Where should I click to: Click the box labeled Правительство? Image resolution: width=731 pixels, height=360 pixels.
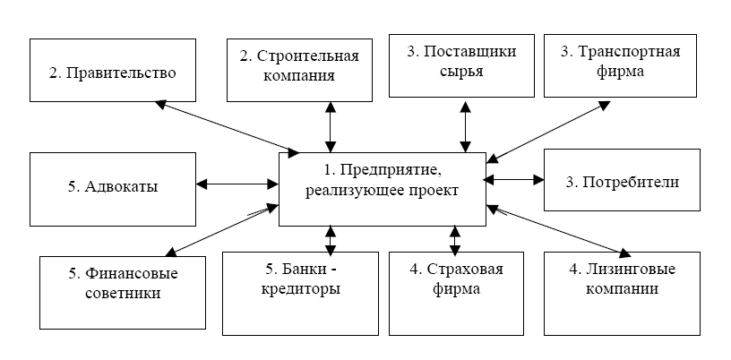click(112, 69)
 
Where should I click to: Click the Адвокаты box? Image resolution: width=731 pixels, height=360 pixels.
click(112, 187)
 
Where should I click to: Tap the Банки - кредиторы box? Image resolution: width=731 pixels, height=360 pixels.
click(299, 279)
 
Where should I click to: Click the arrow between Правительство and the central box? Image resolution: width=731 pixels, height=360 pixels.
click(228, 125)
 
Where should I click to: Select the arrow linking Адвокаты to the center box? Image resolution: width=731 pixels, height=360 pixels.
click(237, 184)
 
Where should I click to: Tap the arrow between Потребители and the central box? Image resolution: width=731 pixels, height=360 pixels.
click(514, 180)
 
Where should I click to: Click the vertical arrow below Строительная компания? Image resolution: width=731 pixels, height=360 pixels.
click(331, 126)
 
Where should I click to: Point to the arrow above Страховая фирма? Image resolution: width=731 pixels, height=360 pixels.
click(454, 238)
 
